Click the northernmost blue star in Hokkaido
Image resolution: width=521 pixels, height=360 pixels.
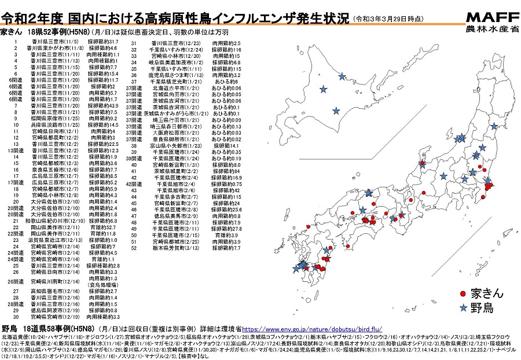tap(343, 76)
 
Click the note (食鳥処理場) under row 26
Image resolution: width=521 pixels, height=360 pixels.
tap(100, 285)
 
